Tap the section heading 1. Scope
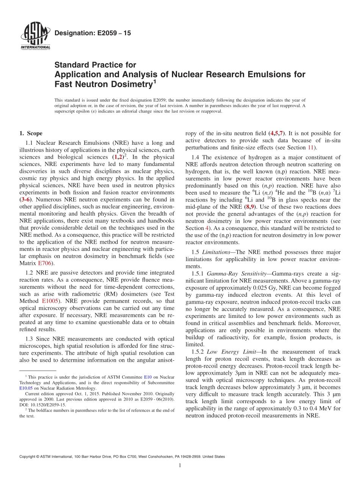click(x=31, y=133)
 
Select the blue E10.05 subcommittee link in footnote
click(x=26, y=388)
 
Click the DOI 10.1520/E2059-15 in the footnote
click(x=43, y=404)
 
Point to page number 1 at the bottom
click(x=180, y=465)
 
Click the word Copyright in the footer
click(x=28, y=457)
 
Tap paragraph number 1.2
click(x=30, y=273)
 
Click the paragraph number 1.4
click(x=196, y=157)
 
